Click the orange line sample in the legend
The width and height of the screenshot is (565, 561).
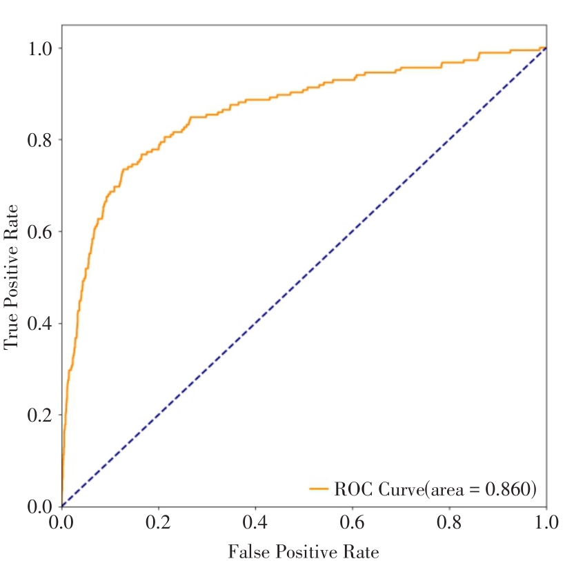(x=319, y=489)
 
